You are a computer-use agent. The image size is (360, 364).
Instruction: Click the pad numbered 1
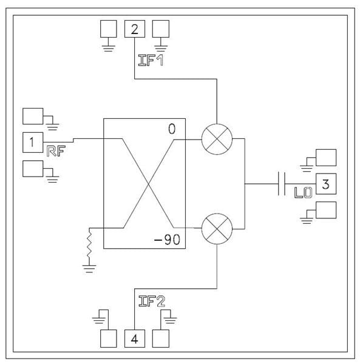[33, 143]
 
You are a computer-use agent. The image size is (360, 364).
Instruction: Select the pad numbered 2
[135, 29]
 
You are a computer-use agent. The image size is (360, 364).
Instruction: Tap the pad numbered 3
[326, 184]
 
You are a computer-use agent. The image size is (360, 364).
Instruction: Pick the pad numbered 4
[135, 339]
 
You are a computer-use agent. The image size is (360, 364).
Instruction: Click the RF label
[56, 151]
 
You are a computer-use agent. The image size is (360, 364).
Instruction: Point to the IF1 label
[151, 60]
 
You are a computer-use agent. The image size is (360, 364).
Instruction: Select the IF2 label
[152, 302]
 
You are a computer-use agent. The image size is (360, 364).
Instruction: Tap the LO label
[303, 193]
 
